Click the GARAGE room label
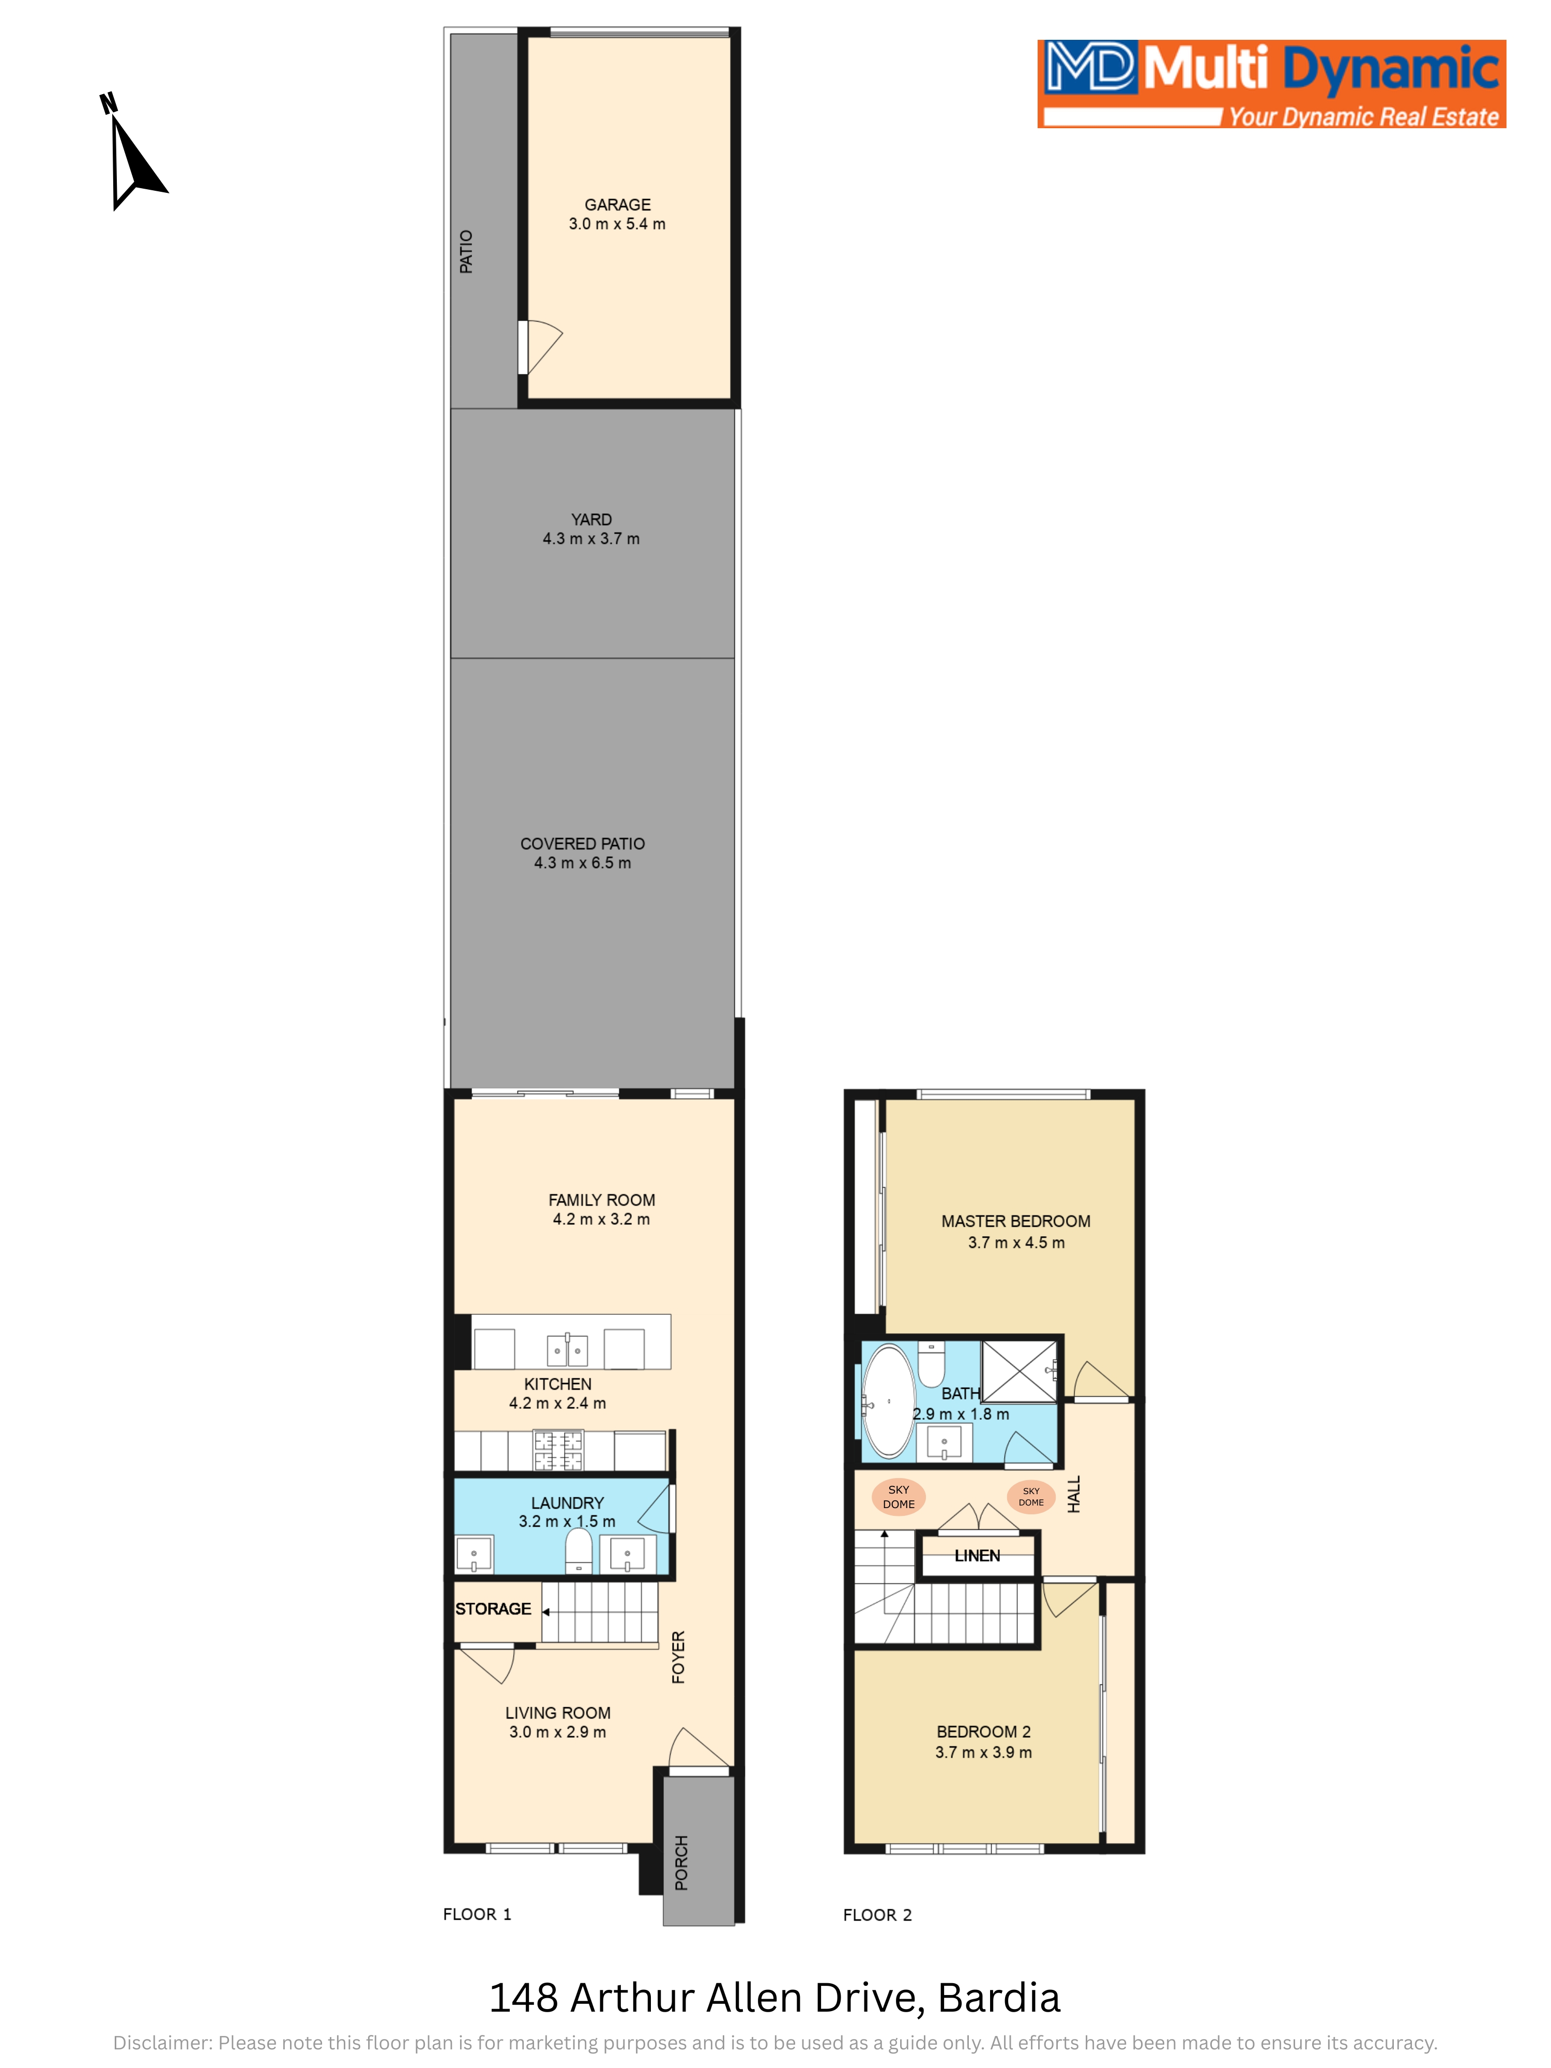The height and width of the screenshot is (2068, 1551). [x=617, y=205]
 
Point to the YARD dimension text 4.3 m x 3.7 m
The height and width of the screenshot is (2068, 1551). [x=591, y=539]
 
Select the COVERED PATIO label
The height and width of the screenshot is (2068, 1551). [x=583, y=843]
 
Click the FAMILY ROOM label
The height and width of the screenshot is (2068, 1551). [x=601, y=1199]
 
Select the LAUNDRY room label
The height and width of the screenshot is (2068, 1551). [x=568, y=1502]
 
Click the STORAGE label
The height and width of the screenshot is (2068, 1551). [x=493, y=1608]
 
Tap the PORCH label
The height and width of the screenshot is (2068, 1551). [x=681, y=1862]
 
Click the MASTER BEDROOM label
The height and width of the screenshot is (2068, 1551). [x=1015, y=1221]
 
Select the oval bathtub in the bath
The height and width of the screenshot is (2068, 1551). [x=888, y=1402]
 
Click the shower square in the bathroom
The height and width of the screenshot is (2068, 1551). [x=1019, y=1371]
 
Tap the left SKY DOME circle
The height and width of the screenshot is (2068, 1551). [x=899, y=1497]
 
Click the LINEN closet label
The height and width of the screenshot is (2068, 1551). [x=977, y=1556]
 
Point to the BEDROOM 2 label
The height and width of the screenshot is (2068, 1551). [x=983, y=1731]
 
